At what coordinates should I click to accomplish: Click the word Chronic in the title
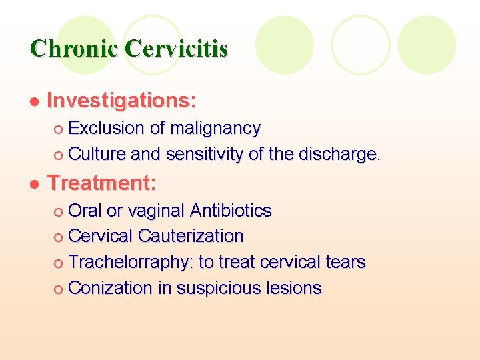[74, 49]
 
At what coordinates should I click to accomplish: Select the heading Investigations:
[122, 101]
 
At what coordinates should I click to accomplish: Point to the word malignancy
[215, 128]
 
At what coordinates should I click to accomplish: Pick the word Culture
[97, 154]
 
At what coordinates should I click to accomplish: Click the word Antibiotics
[231, 211]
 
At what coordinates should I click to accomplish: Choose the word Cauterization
[191, 236]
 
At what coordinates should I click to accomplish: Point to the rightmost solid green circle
[427, 45]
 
